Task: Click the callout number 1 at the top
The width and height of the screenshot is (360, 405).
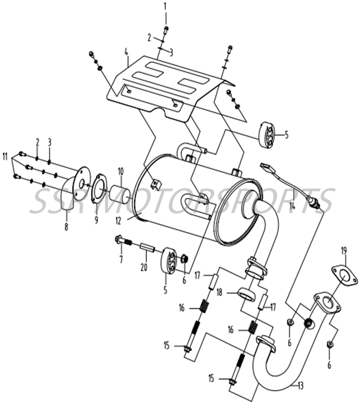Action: (165, 6)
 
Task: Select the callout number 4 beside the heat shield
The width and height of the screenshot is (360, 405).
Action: (126, 53)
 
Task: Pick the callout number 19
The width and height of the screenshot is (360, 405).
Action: (344, 250)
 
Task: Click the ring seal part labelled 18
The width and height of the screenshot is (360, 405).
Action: (246, 293)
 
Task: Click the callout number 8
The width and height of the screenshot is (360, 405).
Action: (66, 227)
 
